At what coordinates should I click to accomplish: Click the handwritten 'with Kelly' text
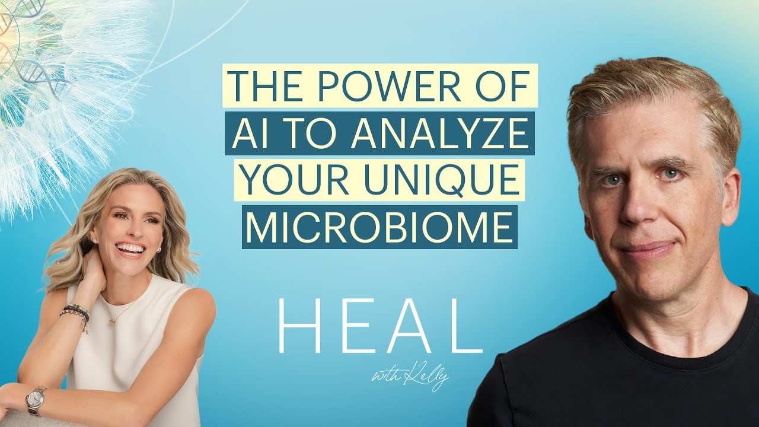tap(409, 377)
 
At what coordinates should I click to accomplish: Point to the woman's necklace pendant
tap(112, 321)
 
